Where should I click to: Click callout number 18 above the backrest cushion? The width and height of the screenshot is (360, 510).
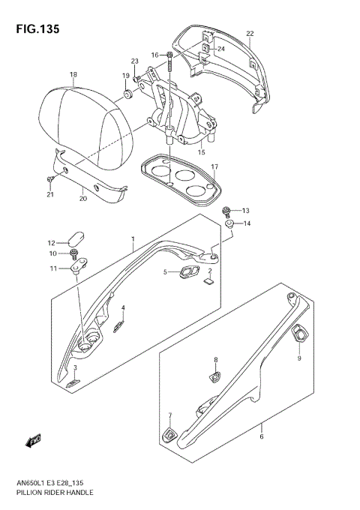tap(73, 75)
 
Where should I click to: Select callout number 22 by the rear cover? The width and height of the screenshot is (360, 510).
tap(250, 34)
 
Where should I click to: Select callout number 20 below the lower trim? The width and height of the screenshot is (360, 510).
tap(83, 199)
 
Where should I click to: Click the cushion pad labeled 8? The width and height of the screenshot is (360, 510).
tap(216, 373)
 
